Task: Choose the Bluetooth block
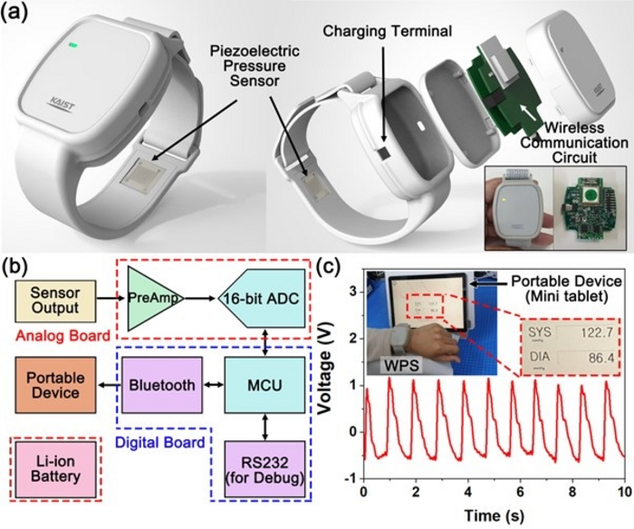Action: pos(163,384)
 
